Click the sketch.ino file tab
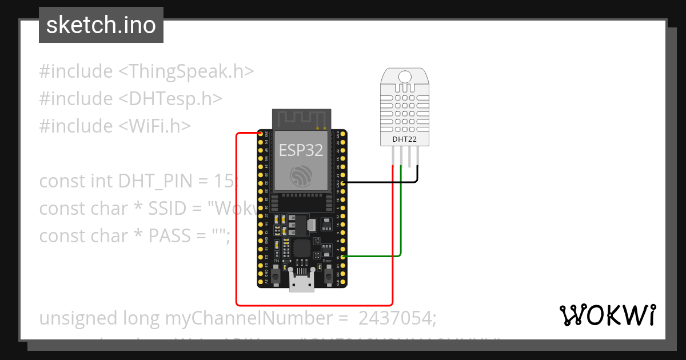[x=101, y=25]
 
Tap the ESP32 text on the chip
[x=301, y=150]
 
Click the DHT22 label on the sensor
[x=405, y=139]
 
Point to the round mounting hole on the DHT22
[x=405, y=77]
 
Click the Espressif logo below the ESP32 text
[x=301, y=174]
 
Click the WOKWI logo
[x=607, y=315]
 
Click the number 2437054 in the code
[x=397, y=318]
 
